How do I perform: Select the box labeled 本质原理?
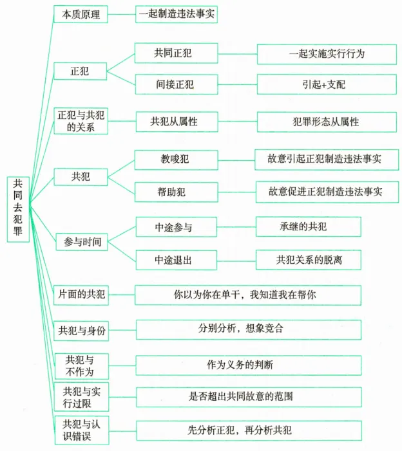(81, 14)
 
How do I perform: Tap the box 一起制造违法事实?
(176, 14)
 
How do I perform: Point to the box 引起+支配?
(327, 84)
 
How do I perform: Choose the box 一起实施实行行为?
(327, 54)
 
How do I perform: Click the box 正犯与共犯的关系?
(81, 121)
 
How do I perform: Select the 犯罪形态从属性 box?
(327, 121)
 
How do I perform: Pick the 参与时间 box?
(81, 242)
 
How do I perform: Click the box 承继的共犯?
(308, 226)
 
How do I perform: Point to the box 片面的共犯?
(81, 295)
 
